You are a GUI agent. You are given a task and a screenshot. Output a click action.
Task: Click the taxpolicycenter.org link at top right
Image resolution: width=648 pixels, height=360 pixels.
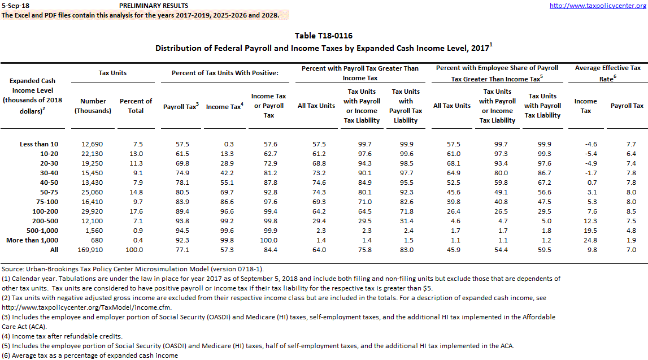pos(598,5)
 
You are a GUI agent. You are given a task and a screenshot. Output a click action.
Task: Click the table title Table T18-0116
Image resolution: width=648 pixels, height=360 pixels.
pos(324,36)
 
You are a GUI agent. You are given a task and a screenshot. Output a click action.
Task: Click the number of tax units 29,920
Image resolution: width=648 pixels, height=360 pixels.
pos(93,211)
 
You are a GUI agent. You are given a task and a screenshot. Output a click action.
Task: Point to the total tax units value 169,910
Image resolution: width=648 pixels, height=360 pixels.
pos(93,250)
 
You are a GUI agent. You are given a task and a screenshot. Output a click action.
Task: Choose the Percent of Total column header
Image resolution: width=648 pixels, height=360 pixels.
pos(136,106)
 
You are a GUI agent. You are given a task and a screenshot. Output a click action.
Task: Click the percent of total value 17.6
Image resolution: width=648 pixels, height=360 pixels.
pos(136,211)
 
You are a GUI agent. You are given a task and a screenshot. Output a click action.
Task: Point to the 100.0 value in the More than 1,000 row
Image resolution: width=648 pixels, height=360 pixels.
pos(268,240)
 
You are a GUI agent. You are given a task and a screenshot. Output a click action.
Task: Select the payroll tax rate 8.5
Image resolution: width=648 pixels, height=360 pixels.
pos(630,211)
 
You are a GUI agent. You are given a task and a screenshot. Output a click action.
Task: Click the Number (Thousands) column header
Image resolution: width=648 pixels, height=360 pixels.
pos(93,106)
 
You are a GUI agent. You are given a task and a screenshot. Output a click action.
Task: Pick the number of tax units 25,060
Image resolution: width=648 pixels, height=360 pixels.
pos(93,192)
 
